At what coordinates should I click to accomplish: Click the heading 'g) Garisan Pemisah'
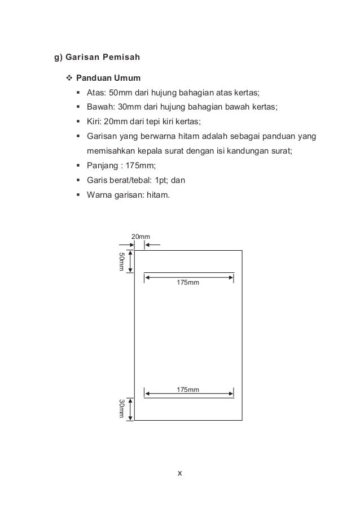pyautogui.click(x=96, y=57)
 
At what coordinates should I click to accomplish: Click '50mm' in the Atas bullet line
pyautogui.click(x=120, y=93)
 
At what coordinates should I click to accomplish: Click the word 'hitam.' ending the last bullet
pyautogui.click(x=164, y=195)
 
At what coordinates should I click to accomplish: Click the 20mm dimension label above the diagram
pyautogui.click(x=141, y=236)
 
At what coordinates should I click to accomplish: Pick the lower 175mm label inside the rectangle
pyautogui.click(x=188, y=389)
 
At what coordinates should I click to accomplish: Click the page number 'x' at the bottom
pyautogui.click(x=179, y=473)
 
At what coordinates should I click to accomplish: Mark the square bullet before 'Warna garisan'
pyautogui.click(x=78, y=195)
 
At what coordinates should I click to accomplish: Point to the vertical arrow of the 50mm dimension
pyautogui.click(x=131, y=262)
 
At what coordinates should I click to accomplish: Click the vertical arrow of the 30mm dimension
pyautogui.click(x=131, y=409)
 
